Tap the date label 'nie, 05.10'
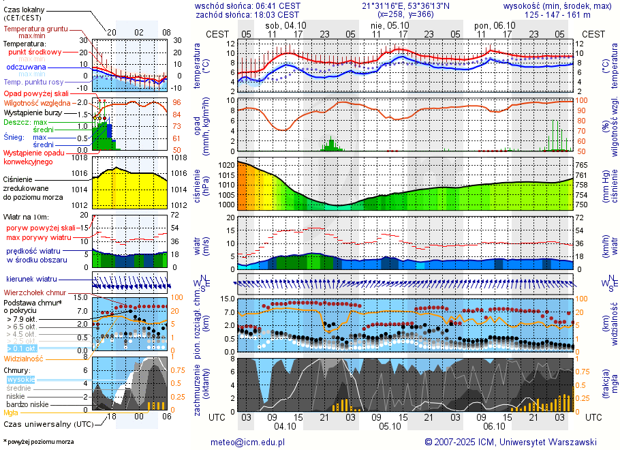pos(386,25)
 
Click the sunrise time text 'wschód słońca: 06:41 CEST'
pos(247,5)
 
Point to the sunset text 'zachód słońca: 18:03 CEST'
pos(247,14)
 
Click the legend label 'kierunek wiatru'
pos(32,280)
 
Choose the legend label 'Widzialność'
pos(24,358)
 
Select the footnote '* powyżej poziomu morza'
pos(39,442)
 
